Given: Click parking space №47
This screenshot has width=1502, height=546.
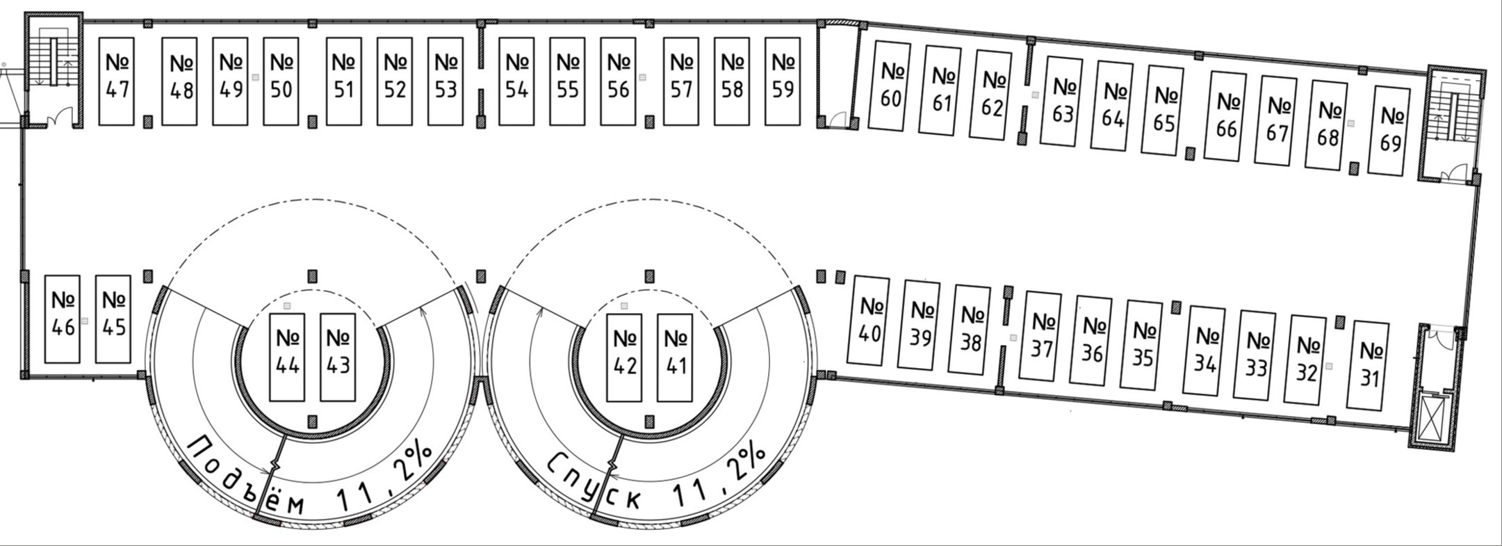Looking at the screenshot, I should [x=117, y=81].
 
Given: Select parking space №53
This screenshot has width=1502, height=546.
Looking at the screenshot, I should [x=446, y=81].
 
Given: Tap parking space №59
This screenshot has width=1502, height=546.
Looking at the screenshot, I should [x=783, y=81].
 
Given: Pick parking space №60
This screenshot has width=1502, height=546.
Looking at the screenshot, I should [x=890, y=86].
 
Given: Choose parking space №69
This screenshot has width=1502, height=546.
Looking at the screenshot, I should [x=1389, y=130].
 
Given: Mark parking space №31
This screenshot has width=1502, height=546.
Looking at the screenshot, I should [x=1369, y=364].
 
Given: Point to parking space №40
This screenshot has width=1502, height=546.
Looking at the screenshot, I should [x=870, y=320].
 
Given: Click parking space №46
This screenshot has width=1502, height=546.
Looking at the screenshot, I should [x=63, y=319].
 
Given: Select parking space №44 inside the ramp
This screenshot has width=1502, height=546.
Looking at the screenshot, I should [x=287, y=357].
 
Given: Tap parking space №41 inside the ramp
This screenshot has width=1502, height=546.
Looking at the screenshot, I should [x=675, y=357].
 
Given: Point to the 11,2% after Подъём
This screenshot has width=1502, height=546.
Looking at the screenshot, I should [x=386, y=480].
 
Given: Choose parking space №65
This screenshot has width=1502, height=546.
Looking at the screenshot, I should [x=1163, y=110].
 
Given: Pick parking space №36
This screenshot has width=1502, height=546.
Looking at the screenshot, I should [x=1093, y=340].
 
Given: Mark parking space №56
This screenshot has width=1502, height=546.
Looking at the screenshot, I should [x=618, y=81].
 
